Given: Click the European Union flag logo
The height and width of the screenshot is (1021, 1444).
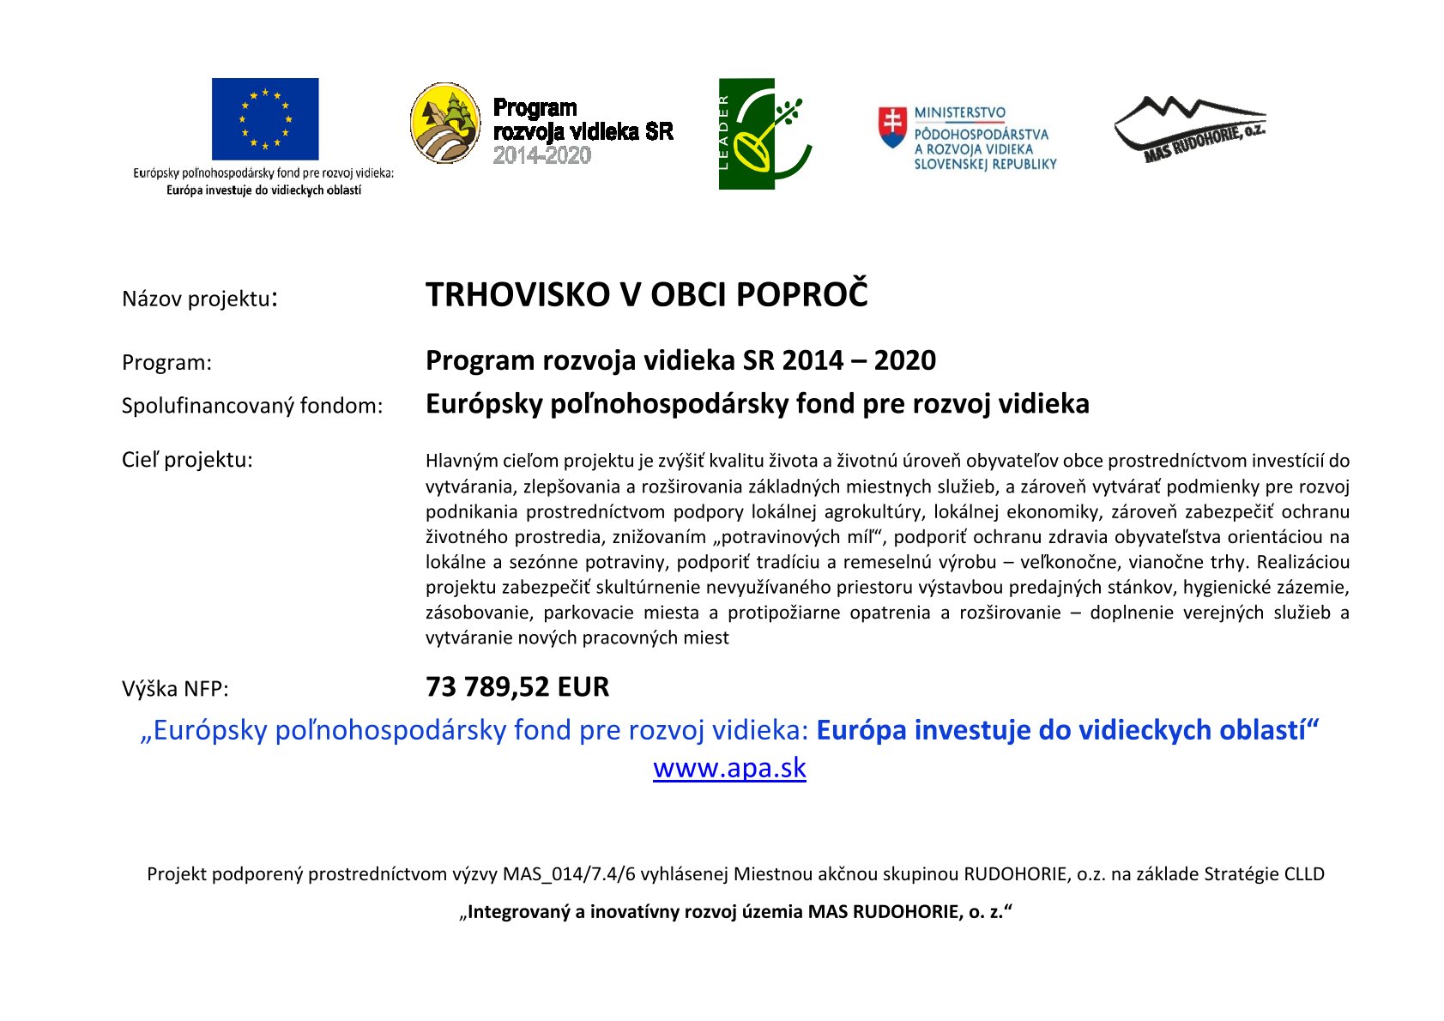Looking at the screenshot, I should click(x=265, y=118).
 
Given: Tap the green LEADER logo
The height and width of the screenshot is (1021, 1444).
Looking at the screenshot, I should click(x=764, y=134).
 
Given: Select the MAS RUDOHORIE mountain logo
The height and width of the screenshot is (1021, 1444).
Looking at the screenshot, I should click(x=1189, y=129).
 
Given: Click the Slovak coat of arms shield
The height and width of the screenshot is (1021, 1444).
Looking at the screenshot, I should click(x=892, y=126).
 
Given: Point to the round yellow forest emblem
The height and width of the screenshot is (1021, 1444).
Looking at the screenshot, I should click(x=445, y=124).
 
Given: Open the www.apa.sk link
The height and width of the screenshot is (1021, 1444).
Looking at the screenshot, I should click(x=729, y=767).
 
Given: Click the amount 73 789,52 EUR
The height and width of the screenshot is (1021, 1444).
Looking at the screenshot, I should click(x=517, y=687).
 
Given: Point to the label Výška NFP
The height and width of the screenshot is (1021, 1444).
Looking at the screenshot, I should click(x=175, y=689).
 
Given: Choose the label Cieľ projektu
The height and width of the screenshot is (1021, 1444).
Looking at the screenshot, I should click(x=187, y=460).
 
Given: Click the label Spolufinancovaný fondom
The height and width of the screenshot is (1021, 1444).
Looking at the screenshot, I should click(x=251, y=406).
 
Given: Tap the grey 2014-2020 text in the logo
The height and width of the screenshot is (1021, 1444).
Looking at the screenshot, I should click(x=541, y=155).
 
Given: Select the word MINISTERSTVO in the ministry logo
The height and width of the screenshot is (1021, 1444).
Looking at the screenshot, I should click(x=959, y=112).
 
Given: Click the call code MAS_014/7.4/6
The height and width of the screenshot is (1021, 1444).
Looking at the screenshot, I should click(x=569, y=874).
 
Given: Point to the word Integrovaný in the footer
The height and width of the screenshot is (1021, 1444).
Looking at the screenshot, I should click(x=518, y=912).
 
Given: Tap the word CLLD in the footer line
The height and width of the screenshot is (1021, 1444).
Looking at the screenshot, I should click(x=1303, y=874).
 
